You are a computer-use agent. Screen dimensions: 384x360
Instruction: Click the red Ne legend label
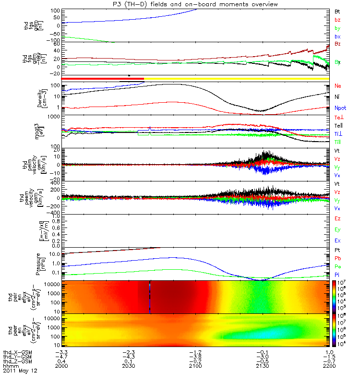pyautogui.click(x=337, y=86)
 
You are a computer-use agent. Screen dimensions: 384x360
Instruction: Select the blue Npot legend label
pyautogui.click(x=339, y=108)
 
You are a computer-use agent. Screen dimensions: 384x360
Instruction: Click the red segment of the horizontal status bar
pyautogui.click(x=103, y=78)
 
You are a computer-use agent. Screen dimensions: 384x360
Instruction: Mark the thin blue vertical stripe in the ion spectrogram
pyautogui.click(x=150, y=297)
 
